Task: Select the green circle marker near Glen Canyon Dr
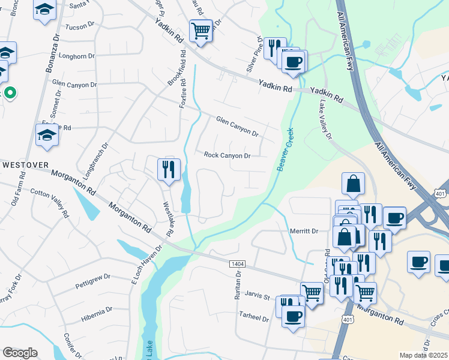tap(10, 93)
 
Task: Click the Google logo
tap(20, 353)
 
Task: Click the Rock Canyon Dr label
tap(227, 155)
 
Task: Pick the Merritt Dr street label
tap(303, 231)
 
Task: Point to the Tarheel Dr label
tap(253, 317)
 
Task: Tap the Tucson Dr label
tap(80, 27)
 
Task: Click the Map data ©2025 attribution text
tap(423, 355)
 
